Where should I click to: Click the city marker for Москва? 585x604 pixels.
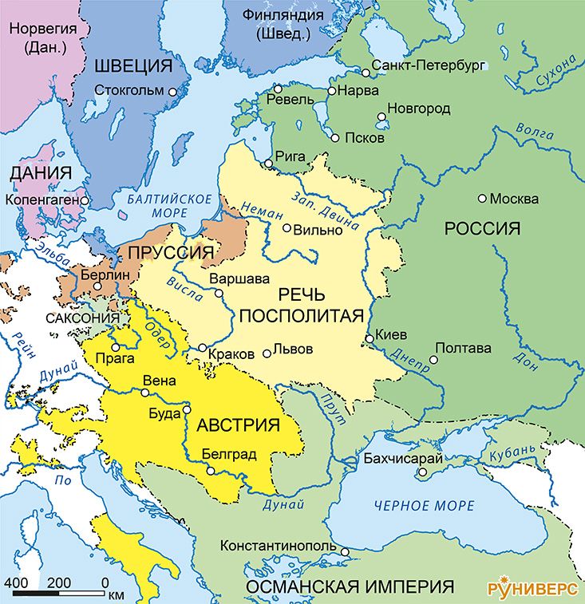(482, 198)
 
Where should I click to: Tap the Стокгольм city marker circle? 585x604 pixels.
(172, 92)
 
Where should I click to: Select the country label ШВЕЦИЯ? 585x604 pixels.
(133, 65)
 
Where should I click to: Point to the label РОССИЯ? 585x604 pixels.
(482, 229)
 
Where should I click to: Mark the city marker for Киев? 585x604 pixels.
(369, 339)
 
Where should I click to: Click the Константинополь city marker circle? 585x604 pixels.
(345, 551)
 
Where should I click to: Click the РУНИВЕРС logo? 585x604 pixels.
(532, 587)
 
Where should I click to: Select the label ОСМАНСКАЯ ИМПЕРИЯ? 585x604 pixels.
(345, 586)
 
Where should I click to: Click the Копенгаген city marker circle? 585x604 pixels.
(84, 200)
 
